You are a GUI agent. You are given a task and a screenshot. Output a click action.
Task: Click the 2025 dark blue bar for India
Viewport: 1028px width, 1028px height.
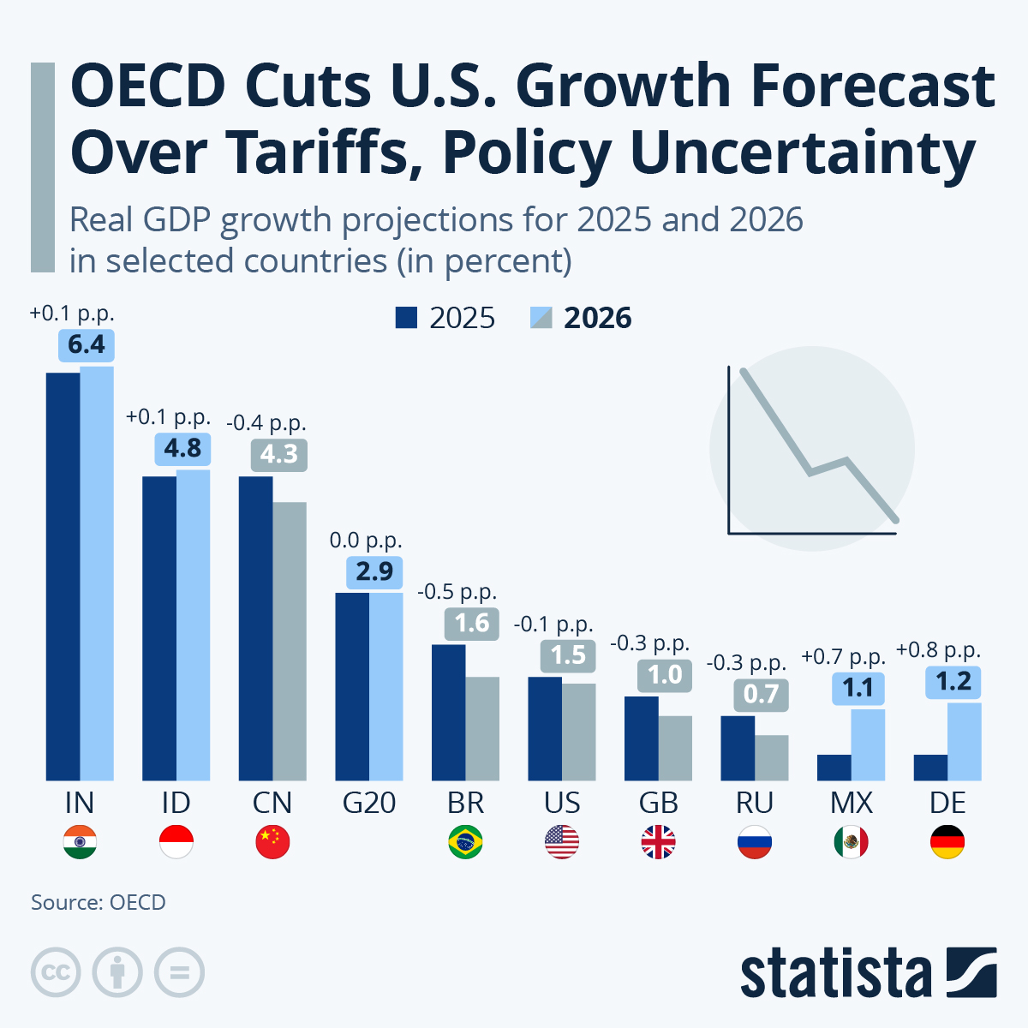[x=63, y=576]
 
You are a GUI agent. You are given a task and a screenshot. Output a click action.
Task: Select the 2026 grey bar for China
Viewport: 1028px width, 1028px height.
[x=290, y=641]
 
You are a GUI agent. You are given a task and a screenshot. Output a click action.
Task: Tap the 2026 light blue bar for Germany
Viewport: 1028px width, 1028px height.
[x=965, y=742]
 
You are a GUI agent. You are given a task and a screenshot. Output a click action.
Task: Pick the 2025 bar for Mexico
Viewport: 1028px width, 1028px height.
[x=834, y=768]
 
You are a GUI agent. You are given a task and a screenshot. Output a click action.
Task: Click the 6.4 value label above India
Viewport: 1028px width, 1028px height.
[x=87, y=344]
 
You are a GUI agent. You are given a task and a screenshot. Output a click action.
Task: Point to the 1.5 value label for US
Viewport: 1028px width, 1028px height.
[x=568, y=655]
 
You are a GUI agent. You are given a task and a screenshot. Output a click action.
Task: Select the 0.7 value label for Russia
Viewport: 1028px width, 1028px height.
[x=761, y=694]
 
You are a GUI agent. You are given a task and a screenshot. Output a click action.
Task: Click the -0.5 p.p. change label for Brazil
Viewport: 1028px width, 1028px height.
[x=457, y=591]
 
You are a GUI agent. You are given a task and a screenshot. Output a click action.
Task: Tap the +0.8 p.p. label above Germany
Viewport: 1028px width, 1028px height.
[x=938, y=650]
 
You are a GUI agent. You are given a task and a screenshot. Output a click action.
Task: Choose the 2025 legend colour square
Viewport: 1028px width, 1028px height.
[x=406, y=318]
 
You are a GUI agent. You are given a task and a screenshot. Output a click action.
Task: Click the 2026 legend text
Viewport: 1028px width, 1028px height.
[x=597, y=318]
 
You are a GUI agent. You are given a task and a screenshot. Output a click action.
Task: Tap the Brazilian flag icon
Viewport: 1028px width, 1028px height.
[x=465, y=842]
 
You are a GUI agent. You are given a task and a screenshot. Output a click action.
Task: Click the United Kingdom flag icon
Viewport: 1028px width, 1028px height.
[x=658, y=842]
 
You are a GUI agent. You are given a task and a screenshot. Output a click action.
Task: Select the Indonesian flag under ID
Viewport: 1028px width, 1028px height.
[x=176, y=842]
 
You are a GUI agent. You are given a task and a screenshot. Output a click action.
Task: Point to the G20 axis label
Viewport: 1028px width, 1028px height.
[x=369, y=803]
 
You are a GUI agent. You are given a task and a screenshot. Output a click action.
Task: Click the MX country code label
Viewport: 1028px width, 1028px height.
[x=852, y=803]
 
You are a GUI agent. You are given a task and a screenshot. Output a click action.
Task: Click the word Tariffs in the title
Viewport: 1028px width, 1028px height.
[x=323, y=152]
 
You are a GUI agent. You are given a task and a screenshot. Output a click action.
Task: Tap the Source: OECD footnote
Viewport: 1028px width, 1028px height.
[x=99, y=902]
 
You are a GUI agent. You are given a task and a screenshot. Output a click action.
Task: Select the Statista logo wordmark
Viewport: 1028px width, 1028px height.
[x=835, y=974]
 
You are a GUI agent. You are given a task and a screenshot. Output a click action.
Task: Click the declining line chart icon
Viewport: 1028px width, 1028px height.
[x=812, y=448]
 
